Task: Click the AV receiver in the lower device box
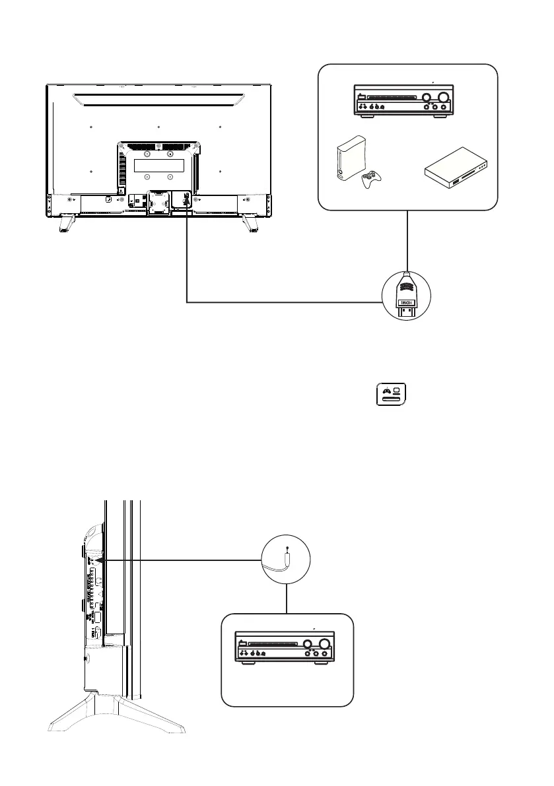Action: (285, 647)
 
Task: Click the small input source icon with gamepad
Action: (392, 396)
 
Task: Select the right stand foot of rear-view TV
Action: (250, 222)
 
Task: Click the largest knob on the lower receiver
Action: (325, 644)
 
